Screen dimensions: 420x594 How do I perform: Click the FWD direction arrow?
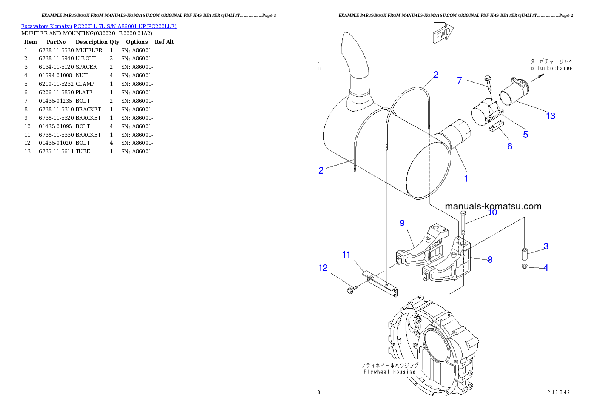pos(442,33)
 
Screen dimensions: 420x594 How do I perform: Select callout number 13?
pos(550,116)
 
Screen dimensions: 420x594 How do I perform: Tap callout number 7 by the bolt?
pos(460,80)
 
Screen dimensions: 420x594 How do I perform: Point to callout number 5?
pos(525,134)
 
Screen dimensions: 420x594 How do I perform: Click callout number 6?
pos(509,146)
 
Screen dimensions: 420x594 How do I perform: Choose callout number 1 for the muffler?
pos(466,178)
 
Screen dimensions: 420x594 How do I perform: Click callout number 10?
pos(492,212)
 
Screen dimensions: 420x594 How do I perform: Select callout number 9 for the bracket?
pos(402,223)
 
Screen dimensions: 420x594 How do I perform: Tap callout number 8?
pos(490,260)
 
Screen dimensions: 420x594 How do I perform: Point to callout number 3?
pos(546,246)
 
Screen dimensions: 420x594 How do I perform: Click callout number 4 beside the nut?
pos(546,268)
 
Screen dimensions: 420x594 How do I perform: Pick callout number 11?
pos(346,254)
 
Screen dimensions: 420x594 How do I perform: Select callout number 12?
pos(323,268)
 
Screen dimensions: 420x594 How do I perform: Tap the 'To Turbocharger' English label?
pos(549,68)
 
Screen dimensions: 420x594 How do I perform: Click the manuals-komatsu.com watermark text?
pos(493,206)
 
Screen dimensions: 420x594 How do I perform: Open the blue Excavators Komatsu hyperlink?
pos(99,26)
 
